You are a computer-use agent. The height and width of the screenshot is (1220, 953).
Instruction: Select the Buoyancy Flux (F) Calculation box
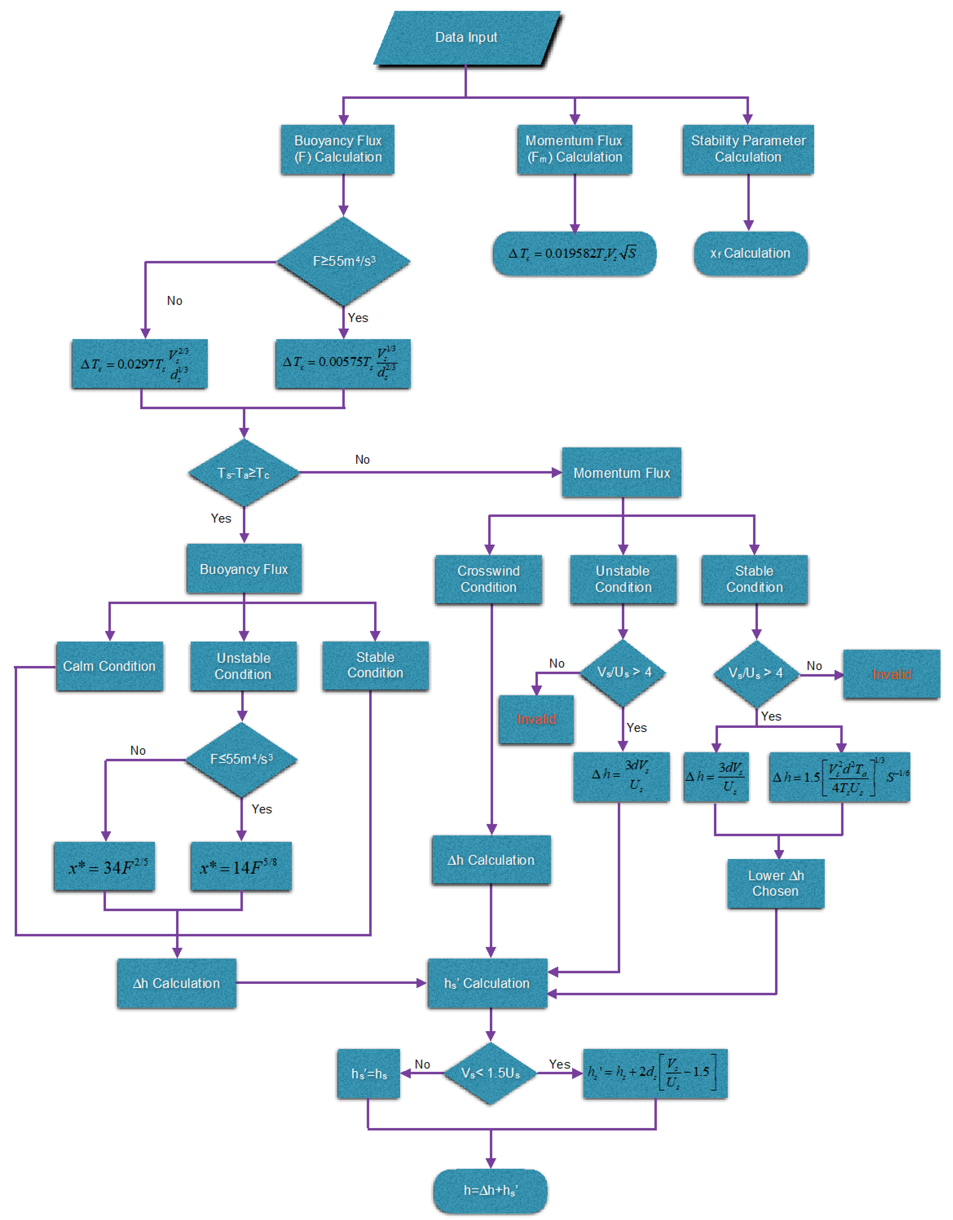pos(338,149)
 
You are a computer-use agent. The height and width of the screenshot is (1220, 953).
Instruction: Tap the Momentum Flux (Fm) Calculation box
pos(574,149)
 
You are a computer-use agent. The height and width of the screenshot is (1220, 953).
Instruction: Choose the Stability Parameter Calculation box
pos(748,149)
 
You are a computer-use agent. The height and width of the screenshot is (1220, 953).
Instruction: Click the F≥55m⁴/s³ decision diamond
pos(344,261)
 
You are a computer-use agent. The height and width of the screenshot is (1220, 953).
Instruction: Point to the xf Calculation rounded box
pos(750,254)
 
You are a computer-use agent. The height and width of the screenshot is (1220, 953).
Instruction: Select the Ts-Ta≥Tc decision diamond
pos(244,473)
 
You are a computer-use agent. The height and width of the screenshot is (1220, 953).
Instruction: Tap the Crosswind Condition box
pos(488,579)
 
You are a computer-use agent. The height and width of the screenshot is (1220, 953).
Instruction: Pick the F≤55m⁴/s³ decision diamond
pos(241,759)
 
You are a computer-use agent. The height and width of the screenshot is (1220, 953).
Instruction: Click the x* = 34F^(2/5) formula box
pos(105,866)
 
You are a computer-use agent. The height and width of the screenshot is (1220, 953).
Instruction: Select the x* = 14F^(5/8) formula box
pos(241,866)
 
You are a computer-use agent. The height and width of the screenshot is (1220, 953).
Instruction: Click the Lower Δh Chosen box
pos(775,883)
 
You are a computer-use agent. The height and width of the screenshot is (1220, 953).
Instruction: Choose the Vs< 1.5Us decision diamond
pos(490,1073)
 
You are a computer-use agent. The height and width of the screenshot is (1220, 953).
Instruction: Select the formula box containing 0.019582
pos(574,254)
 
